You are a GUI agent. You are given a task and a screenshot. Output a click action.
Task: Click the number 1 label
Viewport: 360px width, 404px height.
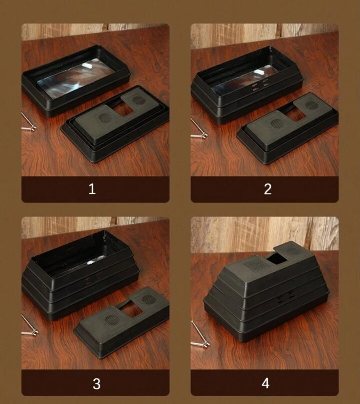(92, 189)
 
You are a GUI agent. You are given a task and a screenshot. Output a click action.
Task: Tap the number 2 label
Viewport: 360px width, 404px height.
(268, 189)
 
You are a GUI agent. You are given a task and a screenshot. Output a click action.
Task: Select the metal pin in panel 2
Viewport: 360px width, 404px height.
(199, 129)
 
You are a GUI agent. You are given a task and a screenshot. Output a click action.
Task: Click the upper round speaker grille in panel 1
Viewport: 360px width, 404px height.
(137, 100)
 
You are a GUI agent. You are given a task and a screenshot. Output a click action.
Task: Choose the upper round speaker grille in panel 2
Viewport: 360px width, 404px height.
(311, 105)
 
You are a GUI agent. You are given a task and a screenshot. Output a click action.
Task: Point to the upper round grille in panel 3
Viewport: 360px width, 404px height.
(149, 300)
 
